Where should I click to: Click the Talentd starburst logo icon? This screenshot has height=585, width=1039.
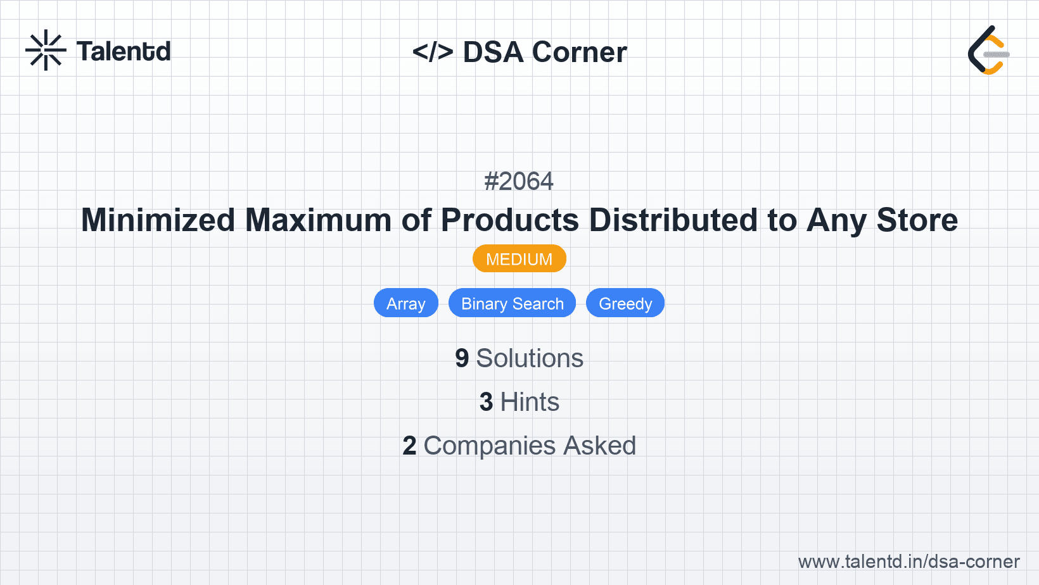(x=45, y=50)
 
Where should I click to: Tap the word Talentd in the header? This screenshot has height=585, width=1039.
(x=124, y=51)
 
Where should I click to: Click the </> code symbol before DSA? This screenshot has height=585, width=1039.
(x=432, y=52)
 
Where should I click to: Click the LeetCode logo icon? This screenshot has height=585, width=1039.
(x=988, y=51)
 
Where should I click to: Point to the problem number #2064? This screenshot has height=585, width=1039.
(x=519, y=182)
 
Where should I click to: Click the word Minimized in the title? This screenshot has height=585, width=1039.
(x=158, y=220)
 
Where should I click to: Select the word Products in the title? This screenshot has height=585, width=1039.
(x=509, y=220)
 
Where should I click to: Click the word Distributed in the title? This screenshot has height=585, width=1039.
(x=673, y=220)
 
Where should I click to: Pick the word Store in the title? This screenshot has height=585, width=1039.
(x=917, y=220)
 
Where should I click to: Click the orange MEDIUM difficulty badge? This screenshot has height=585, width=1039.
(x=519, y=259)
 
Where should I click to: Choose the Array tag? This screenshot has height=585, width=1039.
(x=405, y=303)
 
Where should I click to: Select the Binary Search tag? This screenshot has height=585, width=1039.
(x=512, y=303)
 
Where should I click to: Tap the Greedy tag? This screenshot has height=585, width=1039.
(x=625, y=303)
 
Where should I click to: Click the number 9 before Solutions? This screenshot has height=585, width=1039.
(x=462, y=358)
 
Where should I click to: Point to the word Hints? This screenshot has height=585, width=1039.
(x=530, y=402)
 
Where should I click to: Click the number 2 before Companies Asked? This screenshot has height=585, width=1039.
(x=409, y=446)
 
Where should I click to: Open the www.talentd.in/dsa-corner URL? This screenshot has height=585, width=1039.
(x=908, y=562)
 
